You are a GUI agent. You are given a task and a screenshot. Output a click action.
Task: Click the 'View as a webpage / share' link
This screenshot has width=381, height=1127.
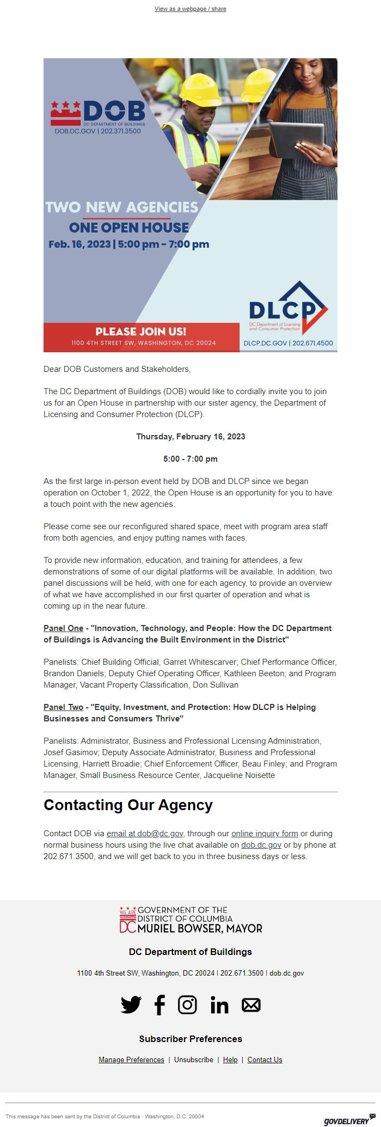coord(190,9)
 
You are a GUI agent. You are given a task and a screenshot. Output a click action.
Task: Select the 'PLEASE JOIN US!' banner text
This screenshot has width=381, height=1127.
coord(141,331)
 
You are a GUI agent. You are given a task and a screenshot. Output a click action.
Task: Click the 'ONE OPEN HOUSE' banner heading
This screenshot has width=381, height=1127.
coord(129,228)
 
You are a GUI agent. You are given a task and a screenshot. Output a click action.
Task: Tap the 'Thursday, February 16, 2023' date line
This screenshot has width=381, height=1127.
coord(190,437)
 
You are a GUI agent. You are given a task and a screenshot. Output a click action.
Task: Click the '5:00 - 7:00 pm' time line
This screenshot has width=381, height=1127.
coord(190,459)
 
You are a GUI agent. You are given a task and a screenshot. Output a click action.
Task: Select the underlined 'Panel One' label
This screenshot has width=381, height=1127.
coord(63,628)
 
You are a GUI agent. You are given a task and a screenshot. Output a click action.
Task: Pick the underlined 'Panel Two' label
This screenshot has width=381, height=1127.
coord(63,707)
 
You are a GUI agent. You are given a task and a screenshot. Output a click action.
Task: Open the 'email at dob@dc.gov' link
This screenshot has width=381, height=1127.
coord(145,834)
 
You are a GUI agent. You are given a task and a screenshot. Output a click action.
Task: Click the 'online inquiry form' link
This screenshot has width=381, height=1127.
coord(265,834)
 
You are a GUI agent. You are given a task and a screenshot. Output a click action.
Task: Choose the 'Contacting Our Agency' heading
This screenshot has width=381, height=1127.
coord(128,805)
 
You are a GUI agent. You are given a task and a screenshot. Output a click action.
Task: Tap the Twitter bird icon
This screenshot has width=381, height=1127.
coord(131,1005)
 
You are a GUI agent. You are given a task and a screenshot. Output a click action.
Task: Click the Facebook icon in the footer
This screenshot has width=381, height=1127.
coord(159,1005)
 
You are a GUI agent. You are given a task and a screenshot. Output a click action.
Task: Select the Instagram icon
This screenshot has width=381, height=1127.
coord(187,1005)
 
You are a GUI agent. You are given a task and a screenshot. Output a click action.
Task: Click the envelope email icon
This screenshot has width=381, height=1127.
coord(251,1005)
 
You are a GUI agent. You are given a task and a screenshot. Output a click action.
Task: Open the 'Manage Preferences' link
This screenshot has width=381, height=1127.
coord(131,1059)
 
